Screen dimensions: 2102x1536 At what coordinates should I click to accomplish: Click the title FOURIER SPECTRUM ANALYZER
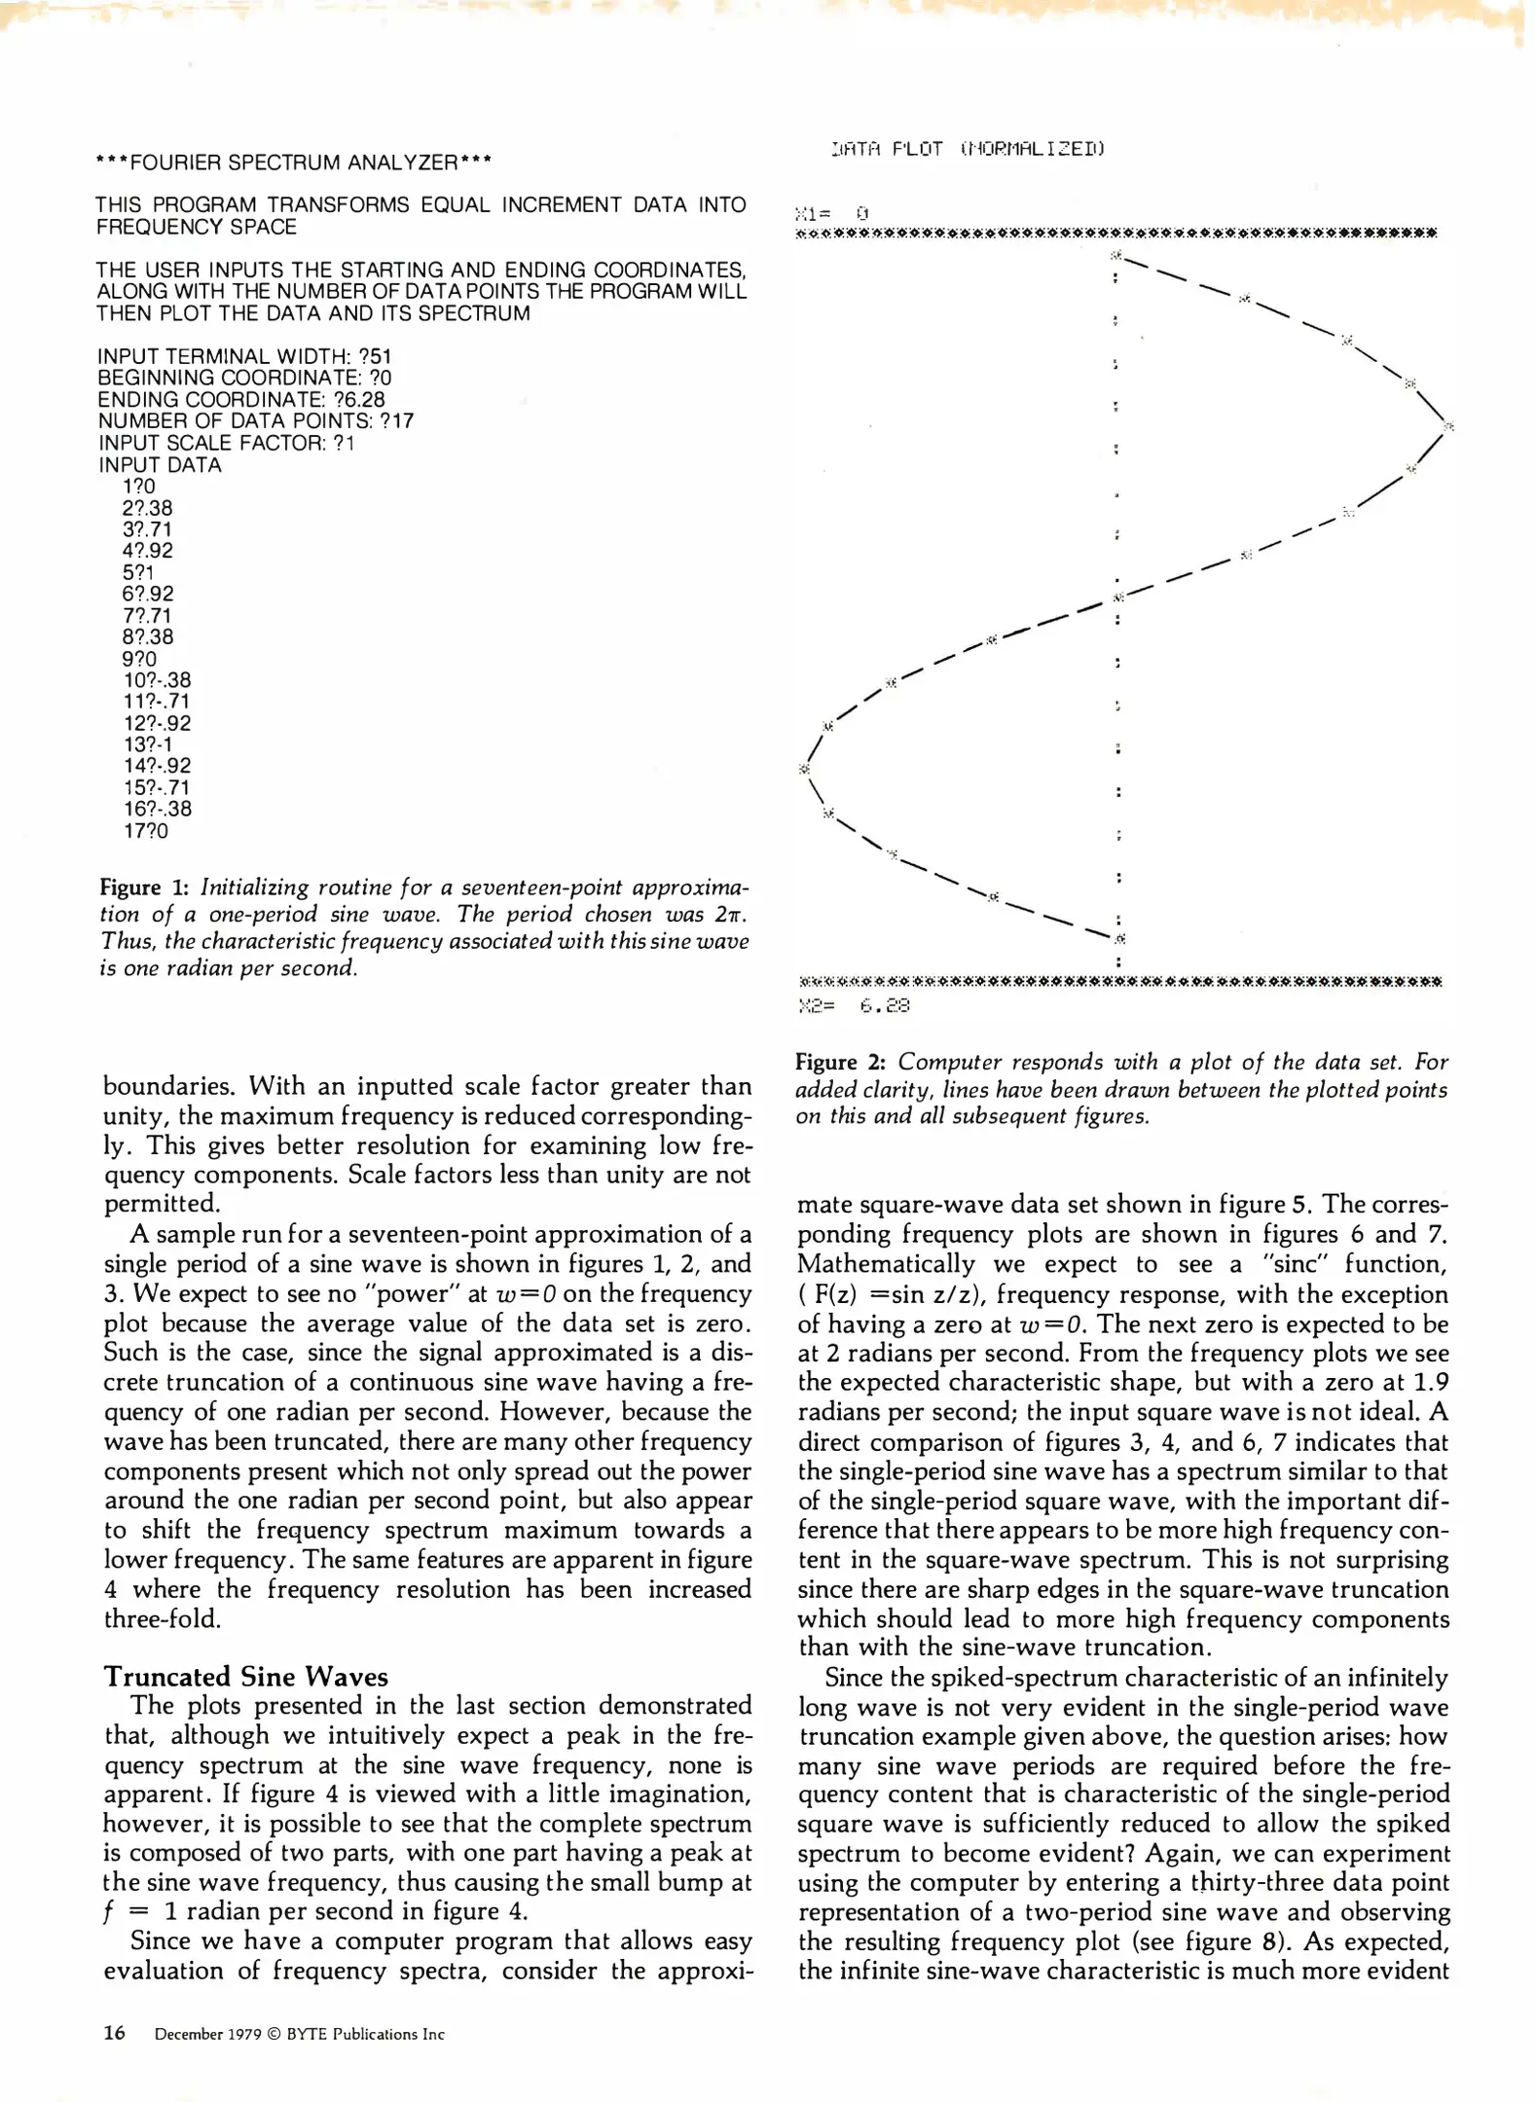293,163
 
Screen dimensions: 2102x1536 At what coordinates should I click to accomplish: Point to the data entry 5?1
138,573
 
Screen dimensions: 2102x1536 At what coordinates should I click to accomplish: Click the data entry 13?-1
148,745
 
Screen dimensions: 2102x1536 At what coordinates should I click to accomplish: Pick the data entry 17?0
146,831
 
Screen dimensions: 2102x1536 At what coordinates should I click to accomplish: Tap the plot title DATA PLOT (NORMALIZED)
968,149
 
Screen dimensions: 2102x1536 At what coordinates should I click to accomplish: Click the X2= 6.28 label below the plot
854,1006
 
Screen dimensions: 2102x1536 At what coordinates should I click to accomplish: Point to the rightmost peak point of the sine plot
1448,426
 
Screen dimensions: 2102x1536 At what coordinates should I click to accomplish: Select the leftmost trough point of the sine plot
804,769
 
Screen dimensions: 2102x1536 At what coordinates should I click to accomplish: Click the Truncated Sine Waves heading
245,1677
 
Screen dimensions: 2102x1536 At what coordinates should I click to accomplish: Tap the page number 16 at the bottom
115,2033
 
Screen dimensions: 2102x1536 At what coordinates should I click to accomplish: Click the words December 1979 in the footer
207,2034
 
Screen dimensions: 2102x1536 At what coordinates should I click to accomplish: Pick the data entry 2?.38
148,508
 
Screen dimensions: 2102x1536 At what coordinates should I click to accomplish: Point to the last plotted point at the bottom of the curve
1120,939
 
